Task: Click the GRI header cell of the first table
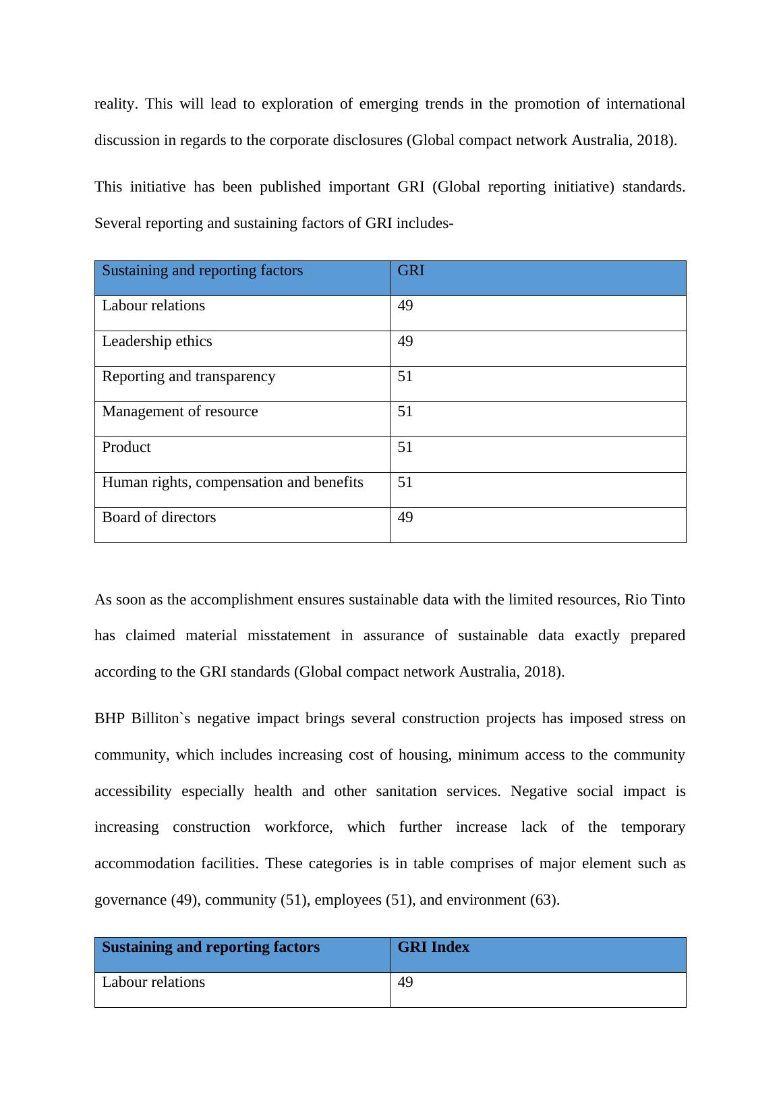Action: [x=411, y=271]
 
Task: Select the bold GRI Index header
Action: [x=433, y=947]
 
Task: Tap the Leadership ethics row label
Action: [x=156, y=341]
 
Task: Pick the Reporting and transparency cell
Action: [x=188, y=376]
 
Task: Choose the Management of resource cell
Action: [x=179, y=412]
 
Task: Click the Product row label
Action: [x=126, y=447]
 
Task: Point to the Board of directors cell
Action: [x=158, y=517]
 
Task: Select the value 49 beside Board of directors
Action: [x=405, y=517]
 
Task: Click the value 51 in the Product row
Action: [x=405, y=447]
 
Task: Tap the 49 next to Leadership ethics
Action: [x=405, y=341]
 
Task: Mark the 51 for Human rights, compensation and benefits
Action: [x=405, y=482]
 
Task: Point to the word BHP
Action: [x=109, y=718]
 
